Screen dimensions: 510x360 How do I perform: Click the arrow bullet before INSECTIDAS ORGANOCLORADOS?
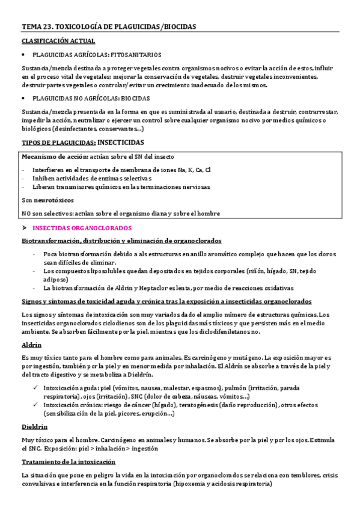point(24,229)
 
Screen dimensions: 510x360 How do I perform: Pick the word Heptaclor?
point(156,288)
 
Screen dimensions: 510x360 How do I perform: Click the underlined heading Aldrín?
point(31,345)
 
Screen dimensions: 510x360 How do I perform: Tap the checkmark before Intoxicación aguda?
point(37,388)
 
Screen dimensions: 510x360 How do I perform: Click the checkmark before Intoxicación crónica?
point(37,405)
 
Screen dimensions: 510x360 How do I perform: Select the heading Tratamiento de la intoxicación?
point(68,461)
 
